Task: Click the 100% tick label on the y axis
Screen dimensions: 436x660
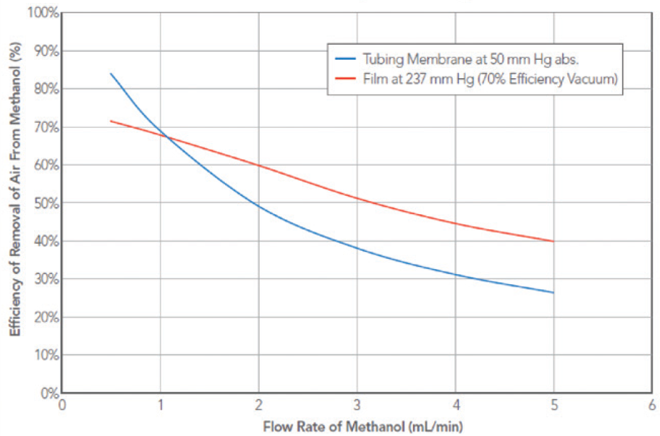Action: (44, 13)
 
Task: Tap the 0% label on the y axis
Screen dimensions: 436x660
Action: (49, 393)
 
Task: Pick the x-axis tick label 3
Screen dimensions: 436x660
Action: (357, 406)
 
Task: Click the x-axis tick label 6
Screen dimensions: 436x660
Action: (652, 406)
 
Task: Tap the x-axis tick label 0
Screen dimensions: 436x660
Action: (62, 406)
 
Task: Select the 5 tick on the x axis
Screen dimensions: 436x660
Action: (553, 406)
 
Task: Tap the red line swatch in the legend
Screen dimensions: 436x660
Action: (346, 79)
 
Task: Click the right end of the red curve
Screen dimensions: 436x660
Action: (553, 241)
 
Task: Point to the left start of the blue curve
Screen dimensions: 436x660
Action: (111, 74)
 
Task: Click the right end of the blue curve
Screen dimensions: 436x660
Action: (553, 292)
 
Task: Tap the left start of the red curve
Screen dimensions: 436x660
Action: (111, 121)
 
